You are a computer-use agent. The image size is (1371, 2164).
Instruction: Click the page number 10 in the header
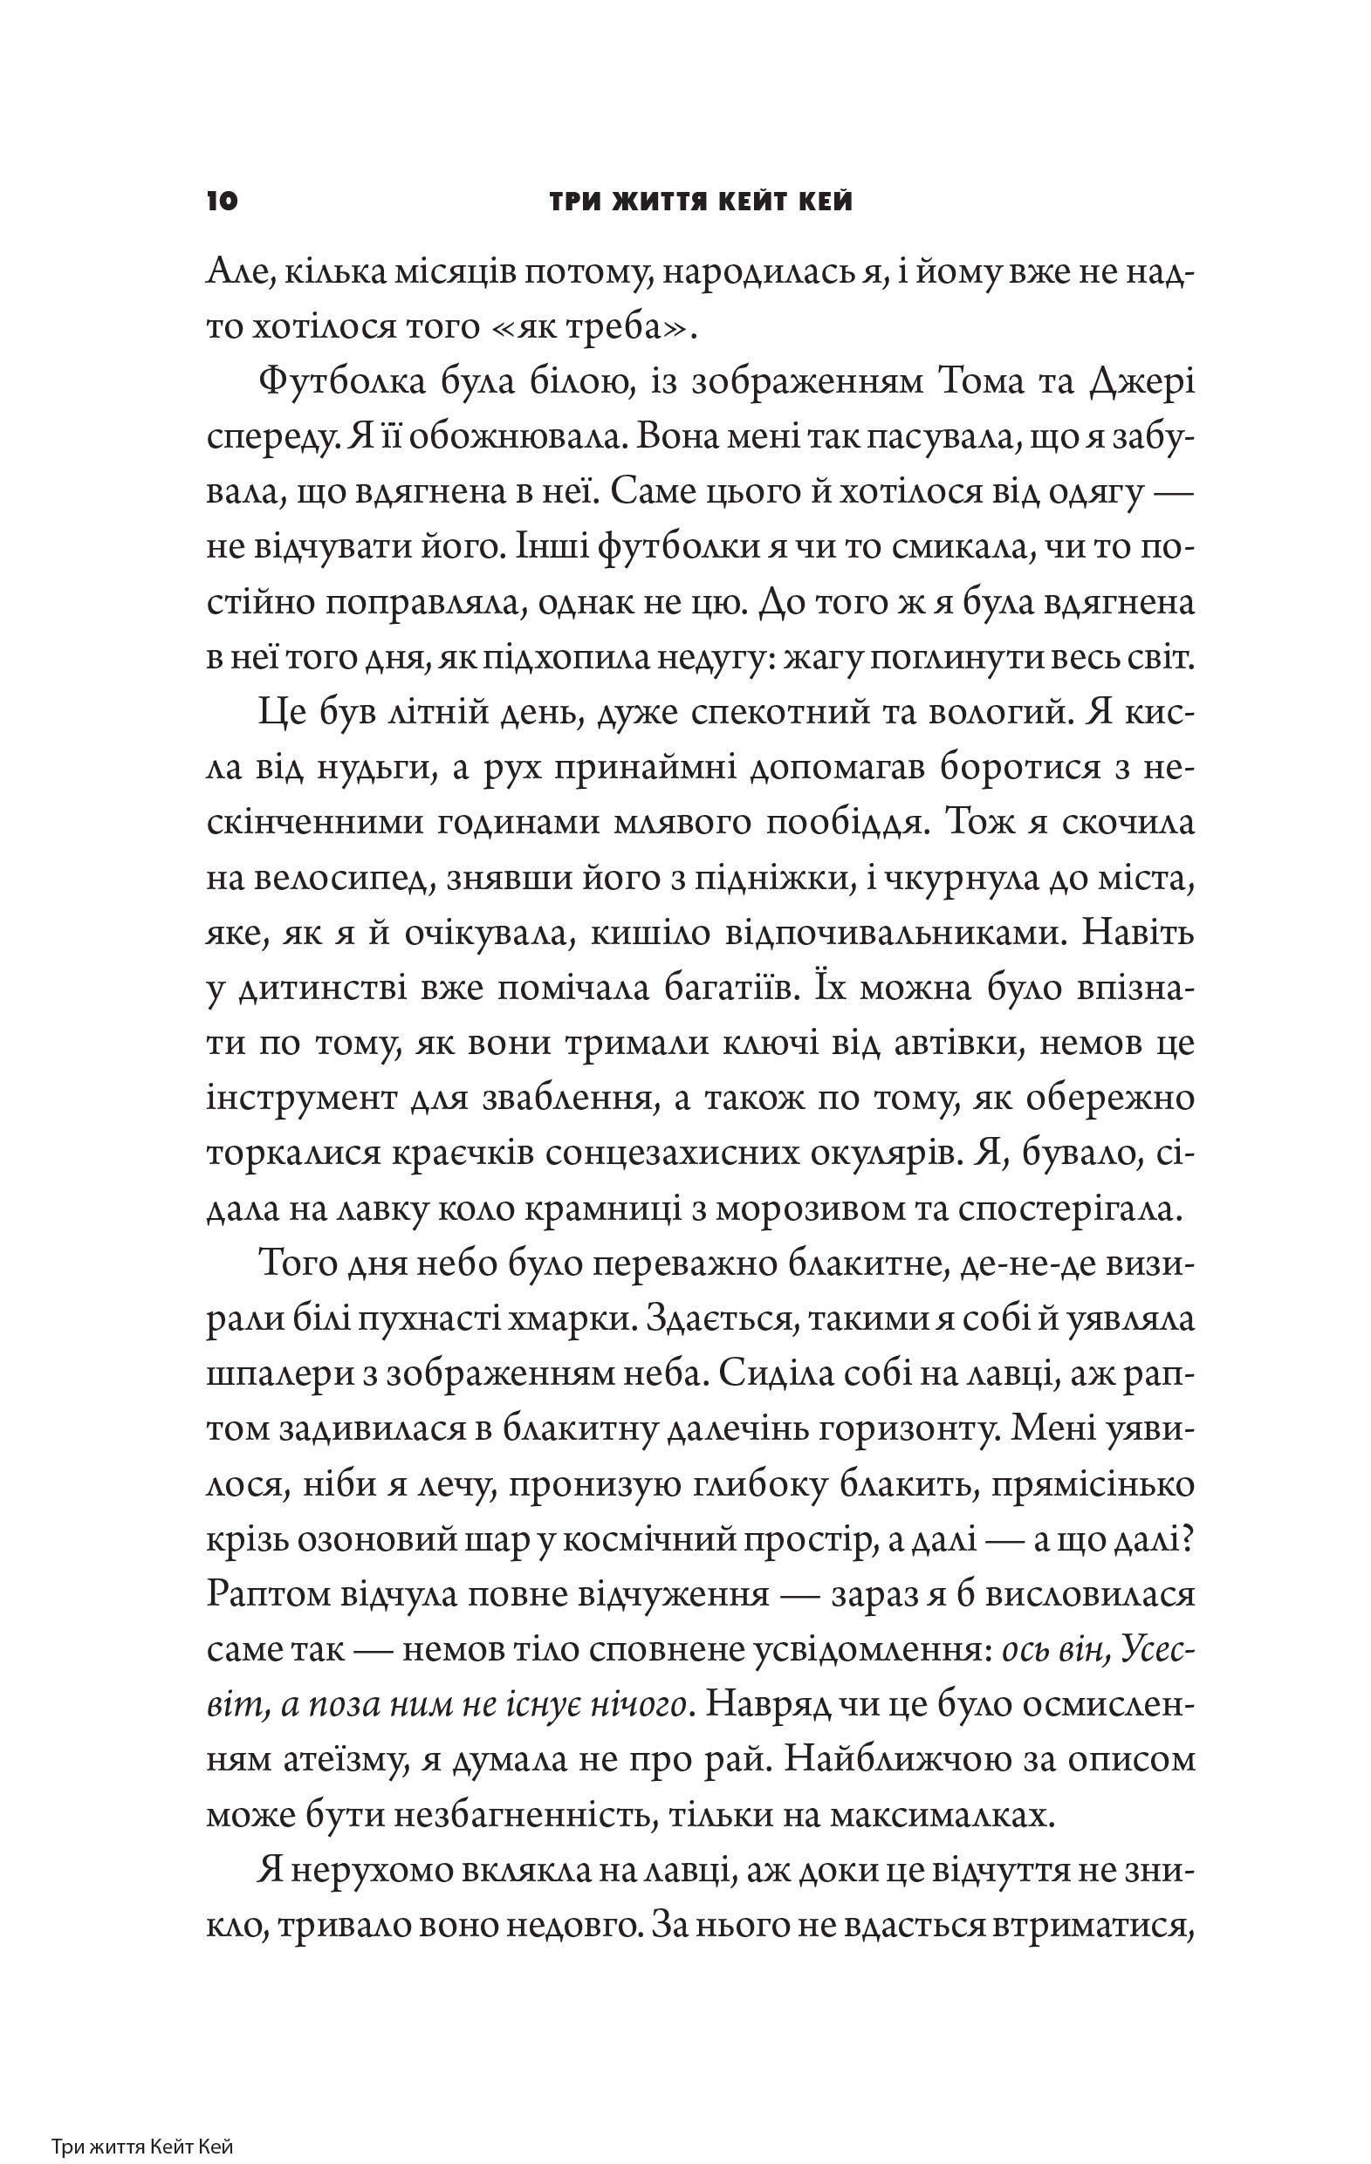(x=222, y=202)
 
